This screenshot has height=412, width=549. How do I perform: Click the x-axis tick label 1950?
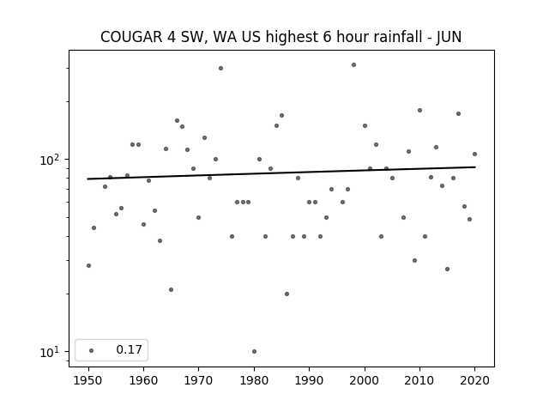pos(88,380)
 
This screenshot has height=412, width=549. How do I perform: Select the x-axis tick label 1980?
pos(254,380)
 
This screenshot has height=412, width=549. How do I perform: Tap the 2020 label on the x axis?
pos(474,380)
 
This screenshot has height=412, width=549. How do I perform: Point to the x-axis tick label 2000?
pos(365,380)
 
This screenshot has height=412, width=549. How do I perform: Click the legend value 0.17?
pos(129,349)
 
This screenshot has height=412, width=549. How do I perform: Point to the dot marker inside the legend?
pos(92,350)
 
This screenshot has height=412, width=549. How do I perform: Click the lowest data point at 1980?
pos(254,351)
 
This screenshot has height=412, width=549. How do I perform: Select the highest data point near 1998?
pos(353,65)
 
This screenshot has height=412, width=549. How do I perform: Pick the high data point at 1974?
pos(220,69)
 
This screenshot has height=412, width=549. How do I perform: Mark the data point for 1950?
pos(88,265)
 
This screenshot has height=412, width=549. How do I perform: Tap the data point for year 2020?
pos(474,154)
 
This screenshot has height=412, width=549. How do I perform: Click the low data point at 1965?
pos(171,290)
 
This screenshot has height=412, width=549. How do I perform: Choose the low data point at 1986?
pos(287,294)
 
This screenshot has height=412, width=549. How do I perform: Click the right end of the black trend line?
pos(475,167)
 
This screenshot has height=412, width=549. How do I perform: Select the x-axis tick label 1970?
pos(199,380)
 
